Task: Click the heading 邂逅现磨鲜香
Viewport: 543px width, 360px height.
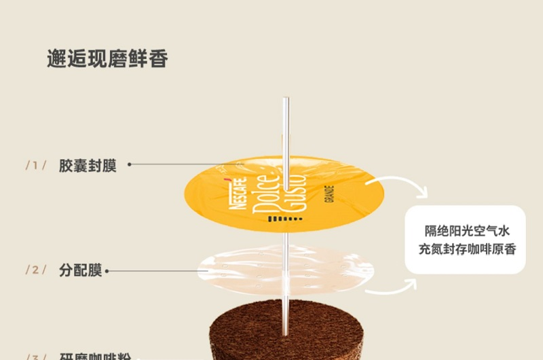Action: click(x=107, y=58)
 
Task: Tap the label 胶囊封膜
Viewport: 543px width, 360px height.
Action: click(x=88, y=166)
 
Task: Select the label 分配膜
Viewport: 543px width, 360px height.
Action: click(x=80, y=270)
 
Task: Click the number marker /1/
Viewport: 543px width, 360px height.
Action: click(x=36, y=166)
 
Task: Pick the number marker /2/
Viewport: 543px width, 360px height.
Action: click(x=36, y=270)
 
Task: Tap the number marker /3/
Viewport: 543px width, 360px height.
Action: click(x=36, y=356)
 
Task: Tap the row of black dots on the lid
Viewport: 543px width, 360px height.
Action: click(x=283, y=219)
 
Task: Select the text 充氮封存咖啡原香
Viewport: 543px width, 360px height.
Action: click(x=467, y=249)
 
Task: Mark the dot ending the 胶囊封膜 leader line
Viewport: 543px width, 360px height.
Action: click(x=130, y=164)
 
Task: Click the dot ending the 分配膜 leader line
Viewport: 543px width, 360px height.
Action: click(x=107, y=271)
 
